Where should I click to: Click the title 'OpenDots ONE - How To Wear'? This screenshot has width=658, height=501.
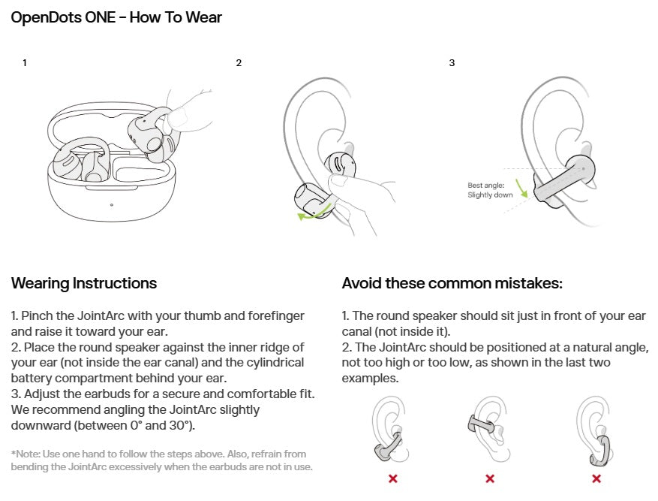[116, 17]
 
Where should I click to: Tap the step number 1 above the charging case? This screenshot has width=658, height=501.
[25, 63]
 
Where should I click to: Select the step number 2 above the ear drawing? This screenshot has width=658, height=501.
[239, 63]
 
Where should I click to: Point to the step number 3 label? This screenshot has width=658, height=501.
[452, 63]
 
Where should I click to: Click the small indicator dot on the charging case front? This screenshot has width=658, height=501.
[112, 204]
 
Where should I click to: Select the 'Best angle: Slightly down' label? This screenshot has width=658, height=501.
[491, 189]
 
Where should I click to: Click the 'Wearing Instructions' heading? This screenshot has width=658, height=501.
[84, 283]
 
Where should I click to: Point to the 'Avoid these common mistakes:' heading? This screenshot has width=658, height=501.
[452, 283]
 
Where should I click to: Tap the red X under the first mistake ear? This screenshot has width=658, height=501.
[392, 478]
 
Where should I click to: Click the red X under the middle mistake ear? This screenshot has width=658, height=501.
[490, 478]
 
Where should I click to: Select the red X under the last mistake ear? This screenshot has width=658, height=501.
[596, 478]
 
